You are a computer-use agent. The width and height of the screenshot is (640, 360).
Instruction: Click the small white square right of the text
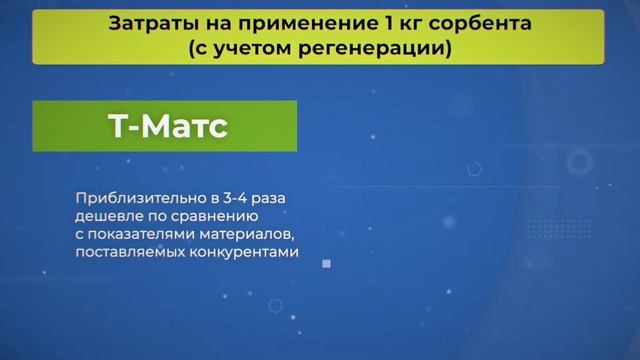pyautogui.click(x=326, y=264)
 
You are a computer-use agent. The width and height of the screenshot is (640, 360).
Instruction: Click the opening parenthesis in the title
pyautogui.click(x=190, y=47)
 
